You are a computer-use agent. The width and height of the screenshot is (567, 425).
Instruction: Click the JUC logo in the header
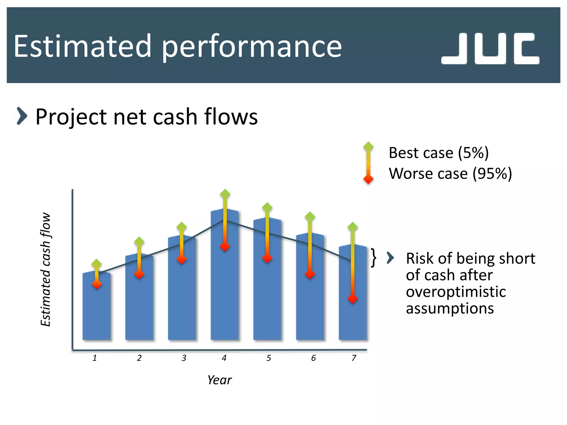click(x=490, y=49)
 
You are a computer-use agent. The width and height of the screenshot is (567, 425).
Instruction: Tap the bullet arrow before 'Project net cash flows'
click(x=22, y=116)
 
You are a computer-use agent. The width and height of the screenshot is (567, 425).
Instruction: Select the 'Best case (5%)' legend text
click(x=439, y=153)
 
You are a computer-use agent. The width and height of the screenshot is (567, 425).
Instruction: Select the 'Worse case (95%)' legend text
click(x=450, y=174)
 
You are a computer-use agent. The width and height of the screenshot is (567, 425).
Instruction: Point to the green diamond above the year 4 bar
click(x=225, y=194)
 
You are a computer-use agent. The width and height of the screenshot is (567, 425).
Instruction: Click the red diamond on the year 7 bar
click(x=353, y=299)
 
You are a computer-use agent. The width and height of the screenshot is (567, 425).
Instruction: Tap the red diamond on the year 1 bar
click(x=97, y=284)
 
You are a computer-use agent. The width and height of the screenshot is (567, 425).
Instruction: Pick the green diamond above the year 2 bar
click(x=139, y=242)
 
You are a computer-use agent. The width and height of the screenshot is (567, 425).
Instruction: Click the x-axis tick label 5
click(x=269, y=358)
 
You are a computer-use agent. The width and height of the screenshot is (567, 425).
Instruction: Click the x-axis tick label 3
click(x=184, y=358)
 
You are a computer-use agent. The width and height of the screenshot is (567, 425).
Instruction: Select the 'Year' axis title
click(x=220, y=380)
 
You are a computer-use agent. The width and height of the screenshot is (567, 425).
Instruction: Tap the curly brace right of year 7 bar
click(x=373, y=258)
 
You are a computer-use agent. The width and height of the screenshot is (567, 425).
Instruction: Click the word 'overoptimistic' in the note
click(x=456, y=292)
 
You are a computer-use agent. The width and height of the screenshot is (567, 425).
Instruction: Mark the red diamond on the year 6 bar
click(x=310, y=274)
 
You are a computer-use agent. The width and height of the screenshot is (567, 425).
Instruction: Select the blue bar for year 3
click(x=182, y=304)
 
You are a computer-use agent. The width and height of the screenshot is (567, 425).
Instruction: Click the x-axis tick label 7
click(x=354, y=358)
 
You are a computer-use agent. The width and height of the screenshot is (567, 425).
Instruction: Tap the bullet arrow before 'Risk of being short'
click(x=390, y=258)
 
